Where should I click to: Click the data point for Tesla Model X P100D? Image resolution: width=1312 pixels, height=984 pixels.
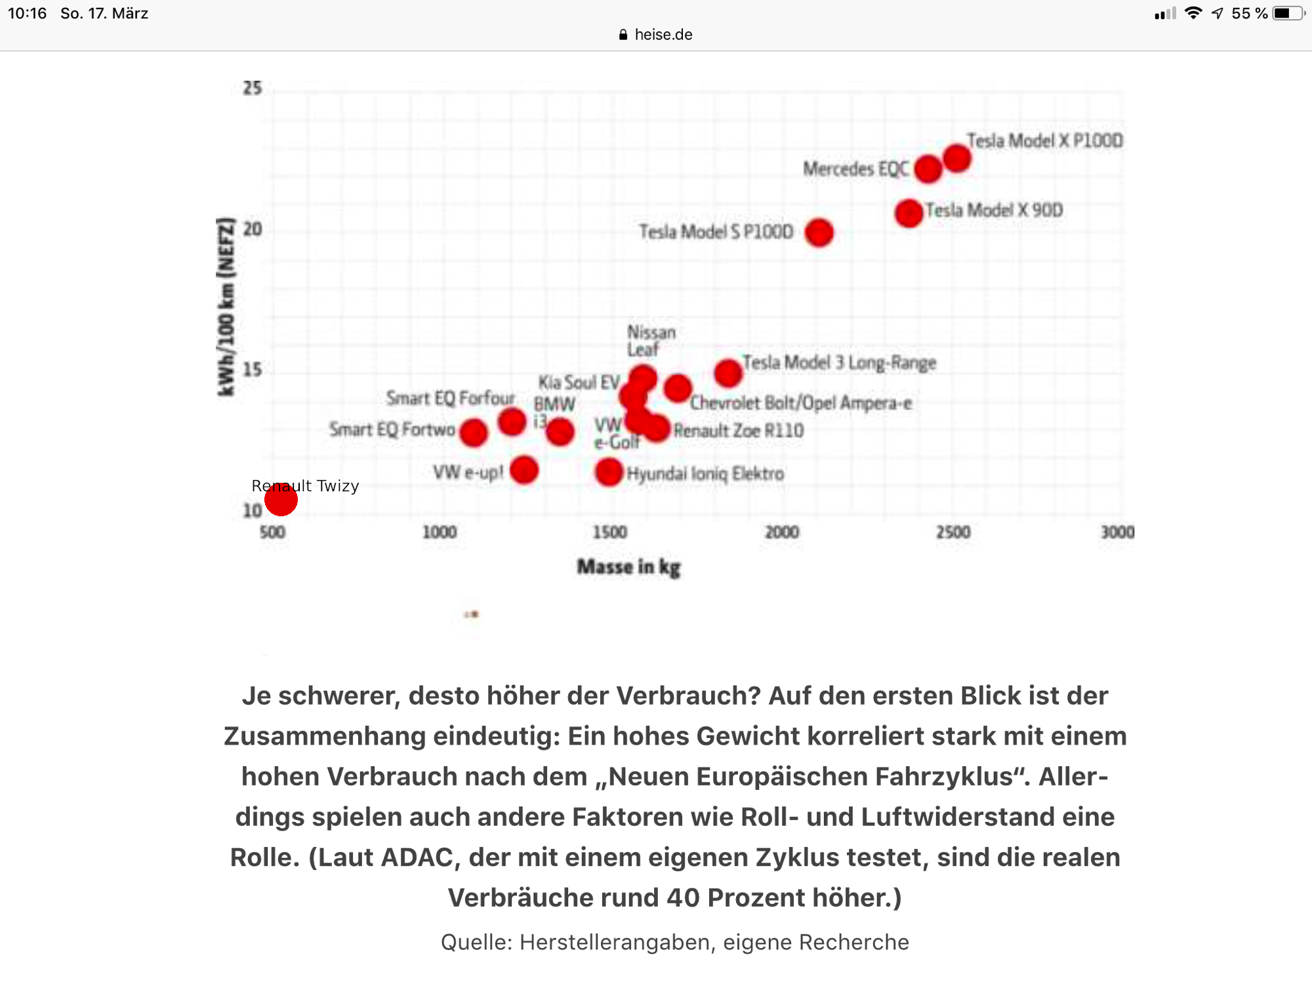click(x=957, y=158)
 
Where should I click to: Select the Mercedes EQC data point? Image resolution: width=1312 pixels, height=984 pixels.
click(x=928, y=169)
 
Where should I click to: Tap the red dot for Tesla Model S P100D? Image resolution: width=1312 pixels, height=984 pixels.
click(x=819, y=233)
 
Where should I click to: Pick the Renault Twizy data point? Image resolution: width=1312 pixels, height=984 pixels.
click(x=281, y=500)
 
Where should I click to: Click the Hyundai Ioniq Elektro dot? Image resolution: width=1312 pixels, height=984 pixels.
click(x=609, y=472)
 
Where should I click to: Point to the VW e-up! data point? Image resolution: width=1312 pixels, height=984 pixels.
click(x=524, y=470)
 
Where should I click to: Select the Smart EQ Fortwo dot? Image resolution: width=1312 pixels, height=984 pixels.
click(x=474, y=433)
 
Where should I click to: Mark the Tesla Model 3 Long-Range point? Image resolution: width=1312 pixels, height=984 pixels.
click(x=728, y=373)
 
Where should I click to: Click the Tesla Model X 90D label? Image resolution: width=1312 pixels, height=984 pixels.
click(x=994, y=211)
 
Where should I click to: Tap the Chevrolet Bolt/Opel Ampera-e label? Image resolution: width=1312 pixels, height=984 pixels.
click(x=800, y=403)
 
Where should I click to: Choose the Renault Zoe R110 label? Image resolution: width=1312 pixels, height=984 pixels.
click(x=739, y=431)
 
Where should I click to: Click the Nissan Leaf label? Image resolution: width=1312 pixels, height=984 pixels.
click(x=651, y=340)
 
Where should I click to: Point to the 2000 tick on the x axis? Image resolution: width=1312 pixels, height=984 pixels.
click(x=782, y=532)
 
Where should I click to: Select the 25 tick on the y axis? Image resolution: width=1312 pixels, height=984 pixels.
click(x=253, y=88)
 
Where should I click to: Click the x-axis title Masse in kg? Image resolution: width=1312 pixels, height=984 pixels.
click(x=628, y=567)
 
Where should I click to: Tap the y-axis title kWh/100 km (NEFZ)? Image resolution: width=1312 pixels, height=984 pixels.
click(x=226, y=306)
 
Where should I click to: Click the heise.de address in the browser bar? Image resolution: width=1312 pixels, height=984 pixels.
click(x=663, y=35)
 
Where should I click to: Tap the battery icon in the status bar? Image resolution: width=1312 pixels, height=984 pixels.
click(x=1287, y=13)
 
